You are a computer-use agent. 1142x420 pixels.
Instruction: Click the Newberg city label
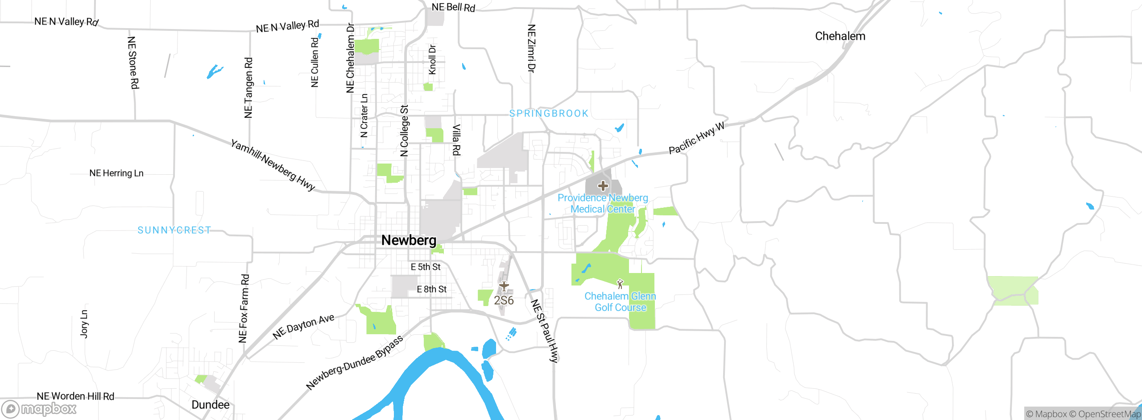[409, 240]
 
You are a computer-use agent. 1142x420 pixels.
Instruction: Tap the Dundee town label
[211, 405]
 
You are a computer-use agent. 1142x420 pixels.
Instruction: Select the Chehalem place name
[840, 36]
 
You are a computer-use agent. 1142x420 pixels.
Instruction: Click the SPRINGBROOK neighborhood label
[549, 113]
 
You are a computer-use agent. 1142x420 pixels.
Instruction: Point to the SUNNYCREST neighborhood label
[174, 230]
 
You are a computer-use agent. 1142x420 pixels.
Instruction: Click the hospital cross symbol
[603, 185]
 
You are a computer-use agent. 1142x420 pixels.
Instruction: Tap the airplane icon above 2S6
[504, 286]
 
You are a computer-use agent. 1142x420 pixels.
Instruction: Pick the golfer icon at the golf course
[620, 284]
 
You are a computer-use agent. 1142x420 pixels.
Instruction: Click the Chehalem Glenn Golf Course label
[620, 302]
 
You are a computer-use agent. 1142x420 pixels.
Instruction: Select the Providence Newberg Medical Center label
[603, 203]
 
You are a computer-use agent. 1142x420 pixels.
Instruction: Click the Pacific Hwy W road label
[697, 138]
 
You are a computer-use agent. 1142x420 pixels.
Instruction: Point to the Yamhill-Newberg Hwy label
[273, 165]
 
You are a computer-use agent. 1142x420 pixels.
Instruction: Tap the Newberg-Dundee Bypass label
[355, 362]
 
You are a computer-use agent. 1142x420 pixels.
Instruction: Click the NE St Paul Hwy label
[544, 331]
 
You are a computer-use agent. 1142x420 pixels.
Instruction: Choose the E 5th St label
[426, 267]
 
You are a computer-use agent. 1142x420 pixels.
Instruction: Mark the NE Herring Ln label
[116, 173]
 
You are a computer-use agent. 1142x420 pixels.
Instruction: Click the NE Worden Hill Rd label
[75, 396]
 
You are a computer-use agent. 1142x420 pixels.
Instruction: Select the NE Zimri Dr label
[531, 48]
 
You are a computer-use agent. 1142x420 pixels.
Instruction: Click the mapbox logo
[39, 409]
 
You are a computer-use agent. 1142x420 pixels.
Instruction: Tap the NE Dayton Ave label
[303, 326]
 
